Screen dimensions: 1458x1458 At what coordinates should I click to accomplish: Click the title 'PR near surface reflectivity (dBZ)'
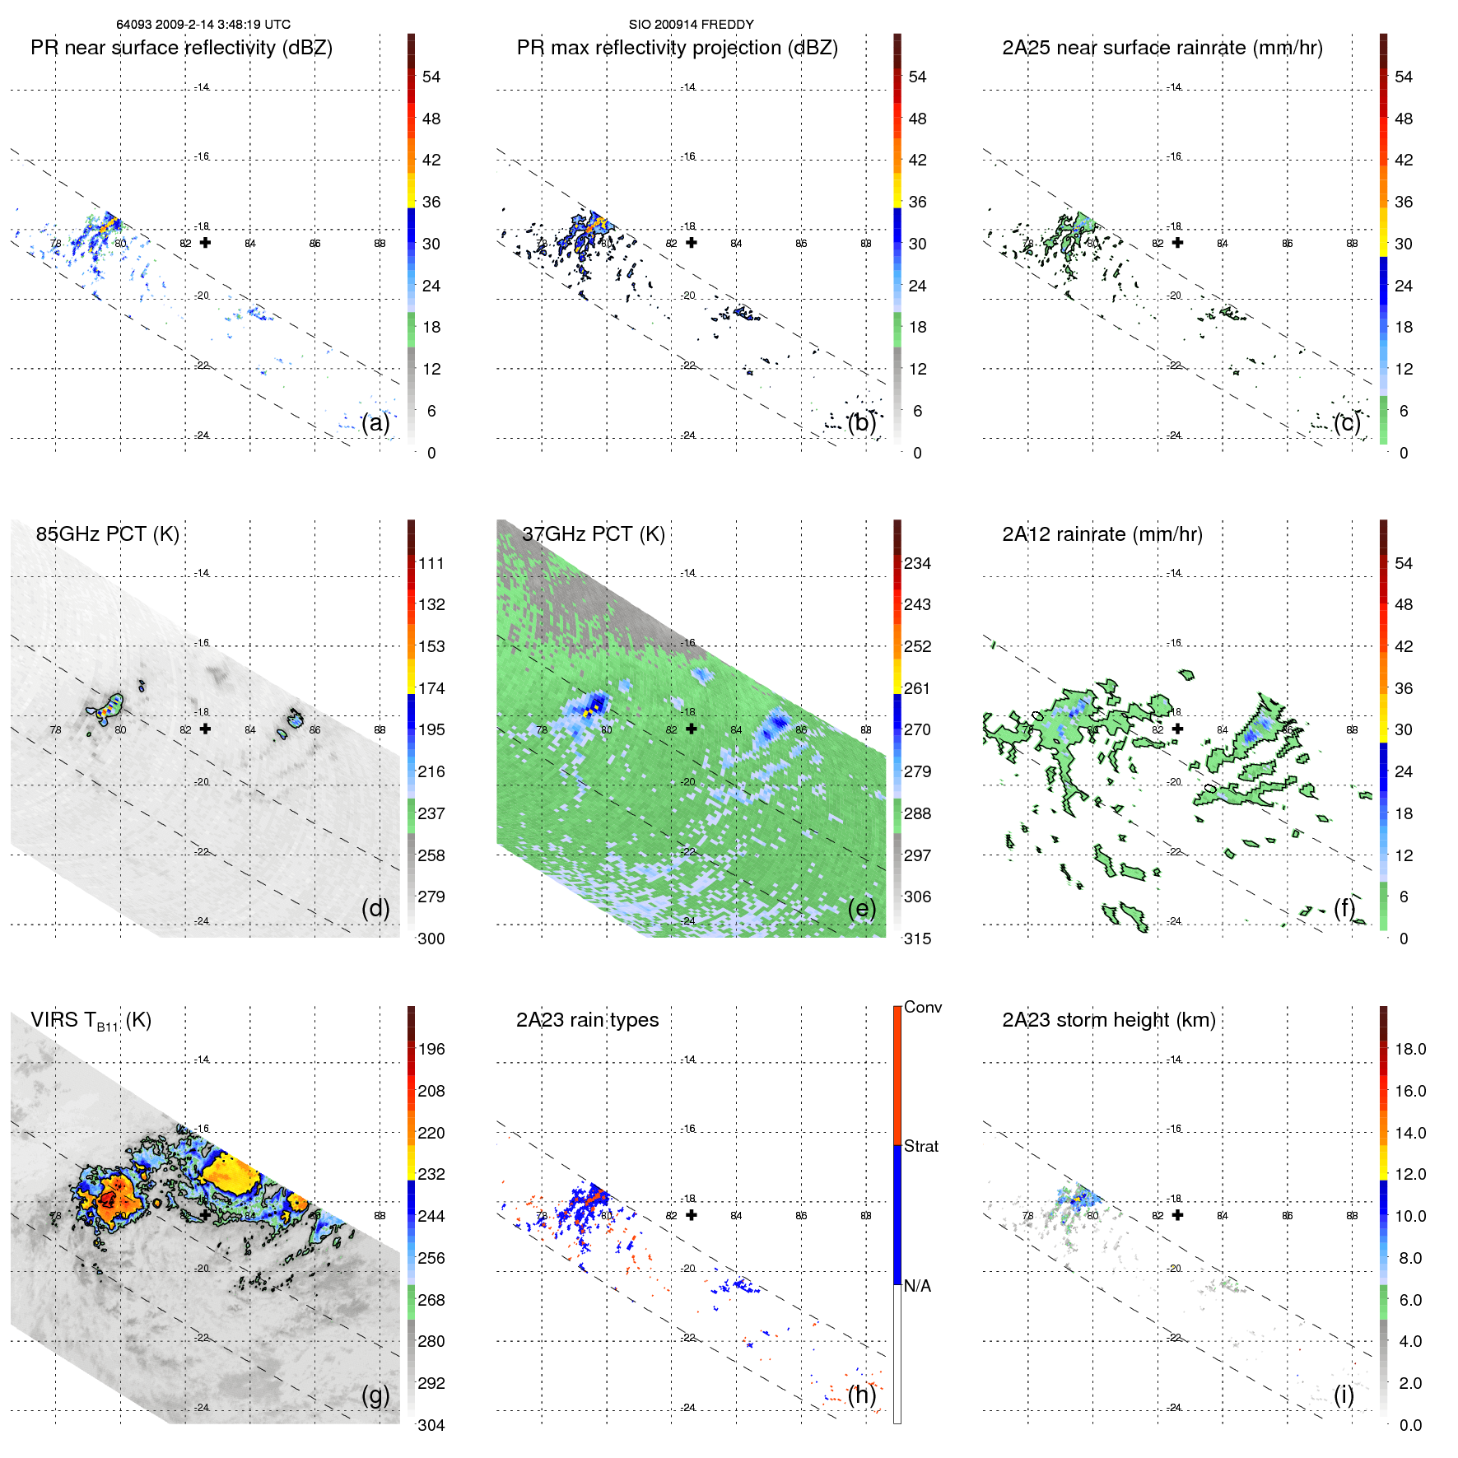181,48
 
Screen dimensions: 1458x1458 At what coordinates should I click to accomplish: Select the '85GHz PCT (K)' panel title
107,534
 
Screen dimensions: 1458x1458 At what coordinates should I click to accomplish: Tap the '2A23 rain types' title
587,1020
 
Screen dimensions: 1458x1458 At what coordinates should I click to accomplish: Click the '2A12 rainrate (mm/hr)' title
1102,534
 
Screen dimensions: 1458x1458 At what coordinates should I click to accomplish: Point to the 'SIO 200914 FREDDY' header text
691,25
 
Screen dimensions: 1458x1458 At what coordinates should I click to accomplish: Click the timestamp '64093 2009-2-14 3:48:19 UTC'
203,25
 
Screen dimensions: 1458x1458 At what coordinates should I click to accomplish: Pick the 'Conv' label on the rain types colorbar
922,1007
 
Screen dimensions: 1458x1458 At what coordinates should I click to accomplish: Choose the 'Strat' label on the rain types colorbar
920,1146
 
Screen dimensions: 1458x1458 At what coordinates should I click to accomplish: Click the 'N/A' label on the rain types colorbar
917,1286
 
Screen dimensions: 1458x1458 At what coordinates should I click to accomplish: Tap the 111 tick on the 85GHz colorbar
431,563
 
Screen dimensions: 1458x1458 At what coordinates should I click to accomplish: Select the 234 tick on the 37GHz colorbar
917,563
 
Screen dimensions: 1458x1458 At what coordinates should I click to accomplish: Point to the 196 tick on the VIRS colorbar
431,1049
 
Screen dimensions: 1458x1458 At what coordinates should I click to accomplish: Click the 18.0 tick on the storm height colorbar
1409,1049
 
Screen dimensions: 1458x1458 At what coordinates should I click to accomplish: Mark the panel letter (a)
375,422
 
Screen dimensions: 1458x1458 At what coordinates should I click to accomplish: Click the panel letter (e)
861,908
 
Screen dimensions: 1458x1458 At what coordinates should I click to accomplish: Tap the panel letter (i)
1344,1394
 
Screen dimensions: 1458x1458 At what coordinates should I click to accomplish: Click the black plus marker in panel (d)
205,729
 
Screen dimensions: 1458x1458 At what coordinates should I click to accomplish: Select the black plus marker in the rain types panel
692,1214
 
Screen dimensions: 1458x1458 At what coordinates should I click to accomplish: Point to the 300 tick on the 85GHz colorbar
431,939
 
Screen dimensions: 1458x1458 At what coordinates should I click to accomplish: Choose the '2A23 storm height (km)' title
1108,1020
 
